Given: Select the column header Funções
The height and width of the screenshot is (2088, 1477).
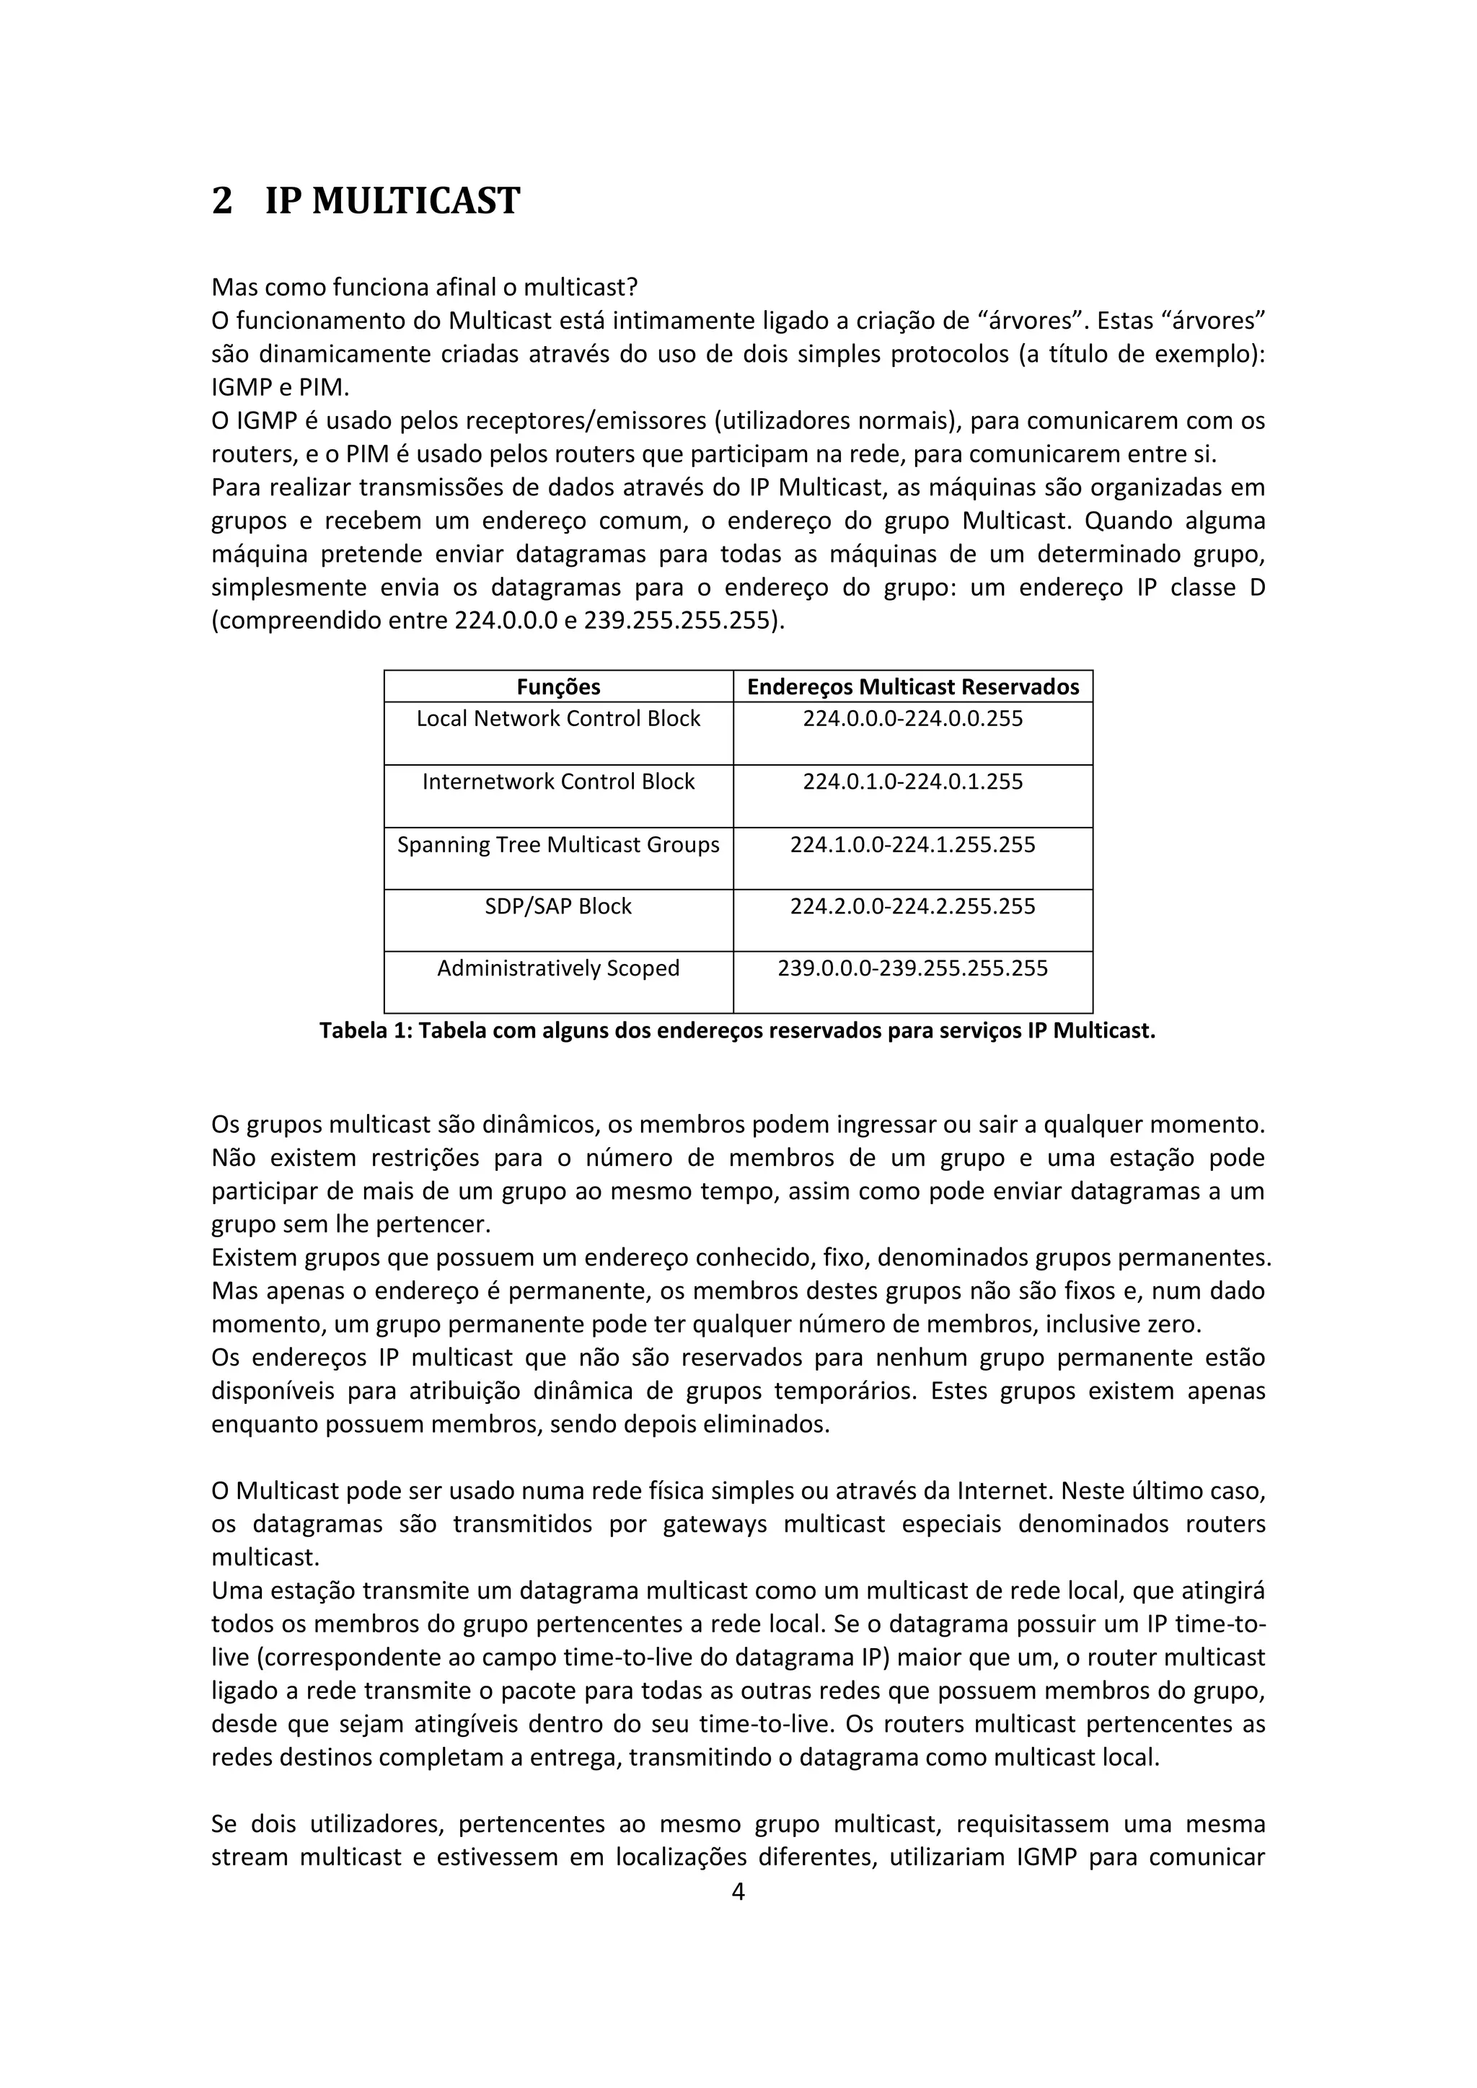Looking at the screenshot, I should tap(557, 686).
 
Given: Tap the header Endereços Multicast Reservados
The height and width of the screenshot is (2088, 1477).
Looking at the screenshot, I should tap(912, 686).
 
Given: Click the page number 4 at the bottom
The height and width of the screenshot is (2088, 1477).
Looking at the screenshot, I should tap(738, 1892).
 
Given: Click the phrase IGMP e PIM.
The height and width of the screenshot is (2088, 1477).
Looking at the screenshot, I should tap(280, 387).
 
